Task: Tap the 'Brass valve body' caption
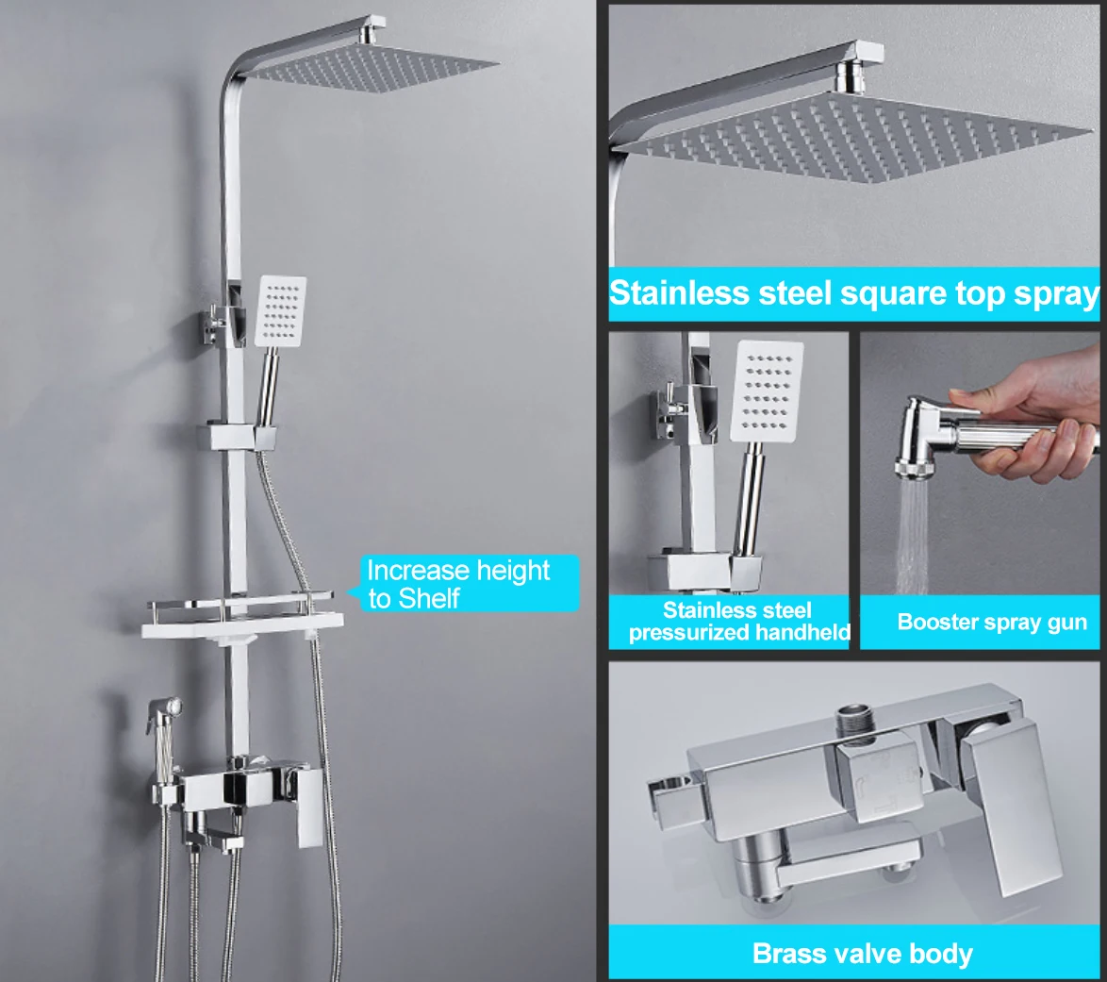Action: click(x=862, y=953)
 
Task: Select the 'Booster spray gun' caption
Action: click(x=992, y=622)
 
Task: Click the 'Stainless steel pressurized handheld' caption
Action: click(x=738, y=621)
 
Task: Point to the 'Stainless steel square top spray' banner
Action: click(x=854, y=293)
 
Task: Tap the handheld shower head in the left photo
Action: click(x=280, y=311)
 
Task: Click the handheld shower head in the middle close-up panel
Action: click(x=768, y=390)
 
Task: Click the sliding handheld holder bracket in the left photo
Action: click(x=240, y=437)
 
